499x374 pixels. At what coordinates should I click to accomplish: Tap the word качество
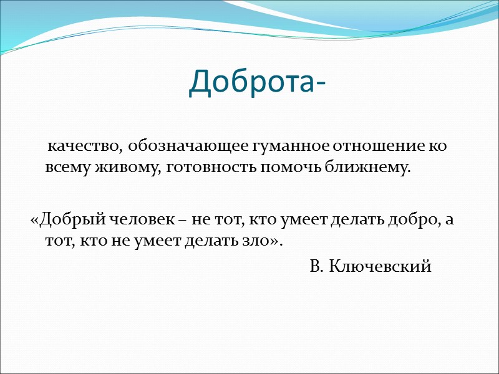coord(85,147)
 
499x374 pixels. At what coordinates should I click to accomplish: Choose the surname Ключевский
coord(379,267)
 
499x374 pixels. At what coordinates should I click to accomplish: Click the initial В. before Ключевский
coord(316,267)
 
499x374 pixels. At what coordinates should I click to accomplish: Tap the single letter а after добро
coord(442,220)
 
